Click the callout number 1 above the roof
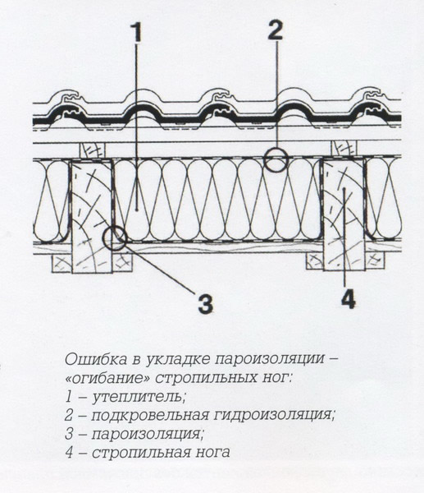pos(135,34)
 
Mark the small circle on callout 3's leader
pos(115,238)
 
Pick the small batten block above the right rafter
pos(343,149)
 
